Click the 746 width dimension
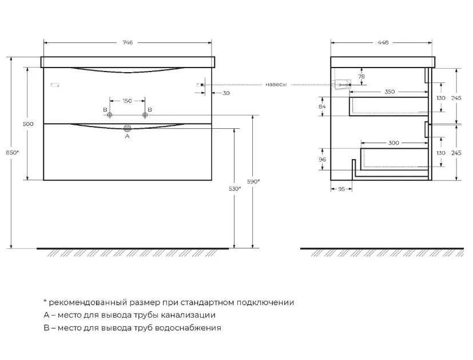pyautogui.click(x=128, y=42)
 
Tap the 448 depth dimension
pyautogui.click(x=383, y=42)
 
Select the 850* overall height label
pyautogui.click(x=13, y=153)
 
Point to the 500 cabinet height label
pyautogui.click(x=28, y=124)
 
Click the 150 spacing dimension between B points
pyautogui.click(x=128, y=101)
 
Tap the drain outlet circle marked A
pyautogui.click(x=128, y=128)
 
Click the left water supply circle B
pyautogui.click(x=110, y=114)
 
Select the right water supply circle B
pyautogui.click(x=145, y=114)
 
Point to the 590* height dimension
pyautogui.click(x=253, y=181)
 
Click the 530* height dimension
pyautogui.click(x=234, y=189)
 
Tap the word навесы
pyautogui.click(x=276, y=85)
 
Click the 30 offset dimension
pyautogui.click(x=226, y=93)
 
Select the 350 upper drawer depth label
pyautogui.click(x=389, y=92)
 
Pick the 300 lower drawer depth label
pyautogui.click(x=393, y=143)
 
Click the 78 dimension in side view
pyautogui.click(x=361, y=77)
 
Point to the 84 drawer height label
pyautogui.click(x=322, y=106)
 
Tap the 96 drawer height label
pyautogui.click(x=322, y=159)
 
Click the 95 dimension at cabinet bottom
pyautogui.click(x=341, y=189)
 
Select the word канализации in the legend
pyautogui.click(x=188, y=315)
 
